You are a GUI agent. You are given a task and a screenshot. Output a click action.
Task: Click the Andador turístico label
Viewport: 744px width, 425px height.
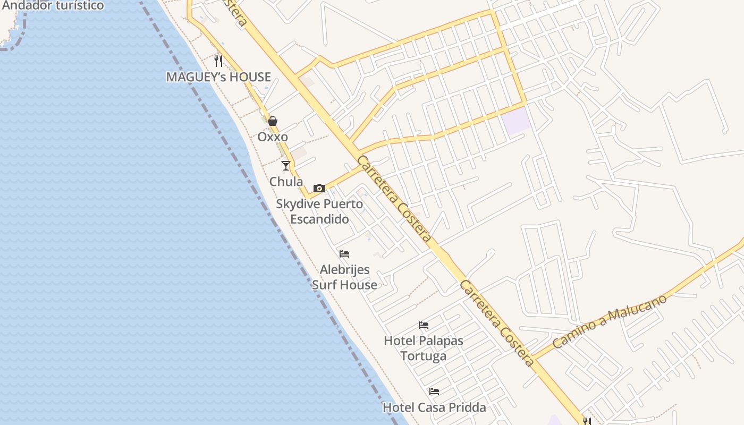(x=53, y=6)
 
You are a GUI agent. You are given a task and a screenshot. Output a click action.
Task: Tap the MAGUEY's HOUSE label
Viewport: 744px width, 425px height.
(x=218, y=77)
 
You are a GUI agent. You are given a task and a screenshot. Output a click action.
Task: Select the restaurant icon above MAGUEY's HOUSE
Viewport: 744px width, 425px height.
(x=218, y=61)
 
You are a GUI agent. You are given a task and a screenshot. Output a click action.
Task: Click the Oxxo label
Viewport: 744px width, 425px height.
(x=273, y=137)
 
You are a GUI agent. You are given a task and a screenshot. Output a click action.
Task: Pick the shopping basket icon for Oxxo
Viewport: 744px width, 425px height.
(x=273, y=121)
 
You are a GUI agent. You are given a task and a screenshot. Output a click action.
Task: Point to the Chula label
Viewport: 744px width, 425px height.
(x=286, y=182)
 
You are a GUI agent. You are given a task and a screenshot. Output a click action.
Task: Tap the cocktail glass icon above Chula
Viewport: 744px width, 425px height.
(x=286, y=166)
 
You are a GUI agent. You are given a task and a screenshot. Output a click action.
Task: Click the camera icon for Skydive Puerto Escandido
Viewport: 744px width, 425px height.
(x=319, y=188)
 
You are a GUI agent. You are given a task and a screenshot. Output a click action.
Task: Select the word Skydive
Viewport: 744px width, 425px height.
(x=298, y=204)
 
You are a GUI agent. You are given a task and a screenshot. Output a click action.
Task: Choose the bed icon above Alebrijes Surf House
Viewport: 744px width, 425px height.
(x=344, y=254)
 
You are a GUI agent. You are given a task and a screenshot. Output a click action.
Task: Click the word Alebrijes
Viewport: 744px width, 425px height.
(x=344, y=270)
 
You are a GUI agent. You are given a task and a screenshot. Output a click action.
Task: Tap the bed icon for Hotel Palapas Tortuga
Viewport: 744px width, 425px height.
(x=424, y=325)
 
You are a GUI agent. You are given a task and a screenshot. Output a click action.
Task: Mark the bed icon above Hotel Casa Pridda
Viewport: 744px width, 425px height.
(x=434, y=392)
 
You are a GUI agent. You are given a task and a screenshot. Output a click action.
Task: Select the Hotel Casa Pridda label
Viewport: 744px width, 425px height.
(x=434, y=407)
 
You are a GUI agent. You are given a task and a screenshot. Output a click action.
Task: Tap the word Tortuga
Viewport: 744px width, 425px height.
(x=424, y=356)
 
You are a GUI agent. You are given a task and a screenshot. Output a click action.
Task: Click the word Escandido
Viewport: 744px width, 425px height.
(x=319, y=219)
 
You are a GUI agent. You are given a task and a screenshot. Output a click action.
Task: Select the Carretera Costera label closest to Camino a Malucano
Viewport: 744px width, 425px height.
(x=496, y=323)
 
